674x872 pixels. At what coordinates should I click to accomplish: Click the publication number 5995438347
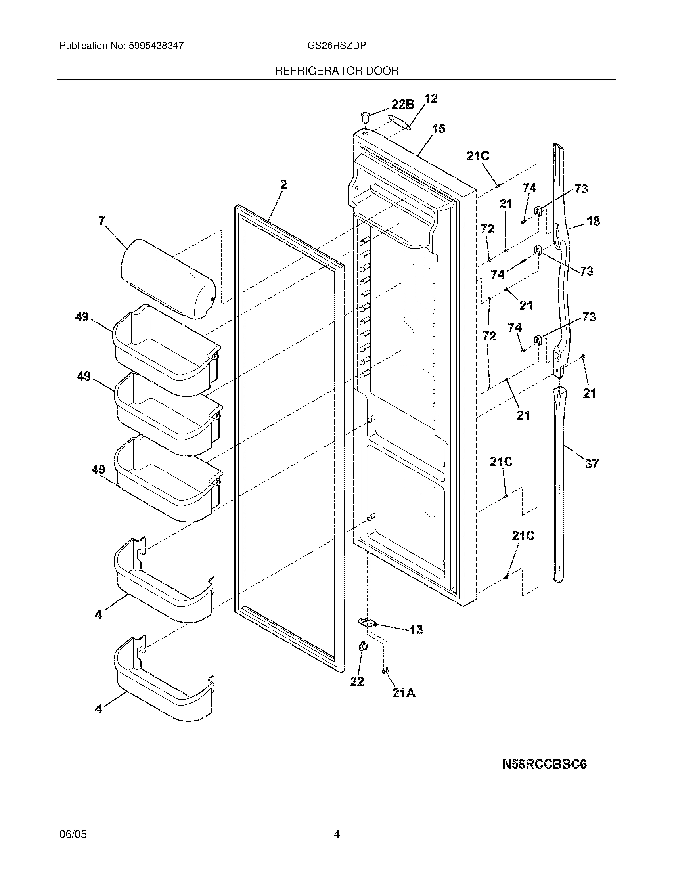pyautogui.click(x=156, y=46)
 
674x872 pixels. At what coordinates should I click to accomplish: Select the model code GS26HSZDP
pyautogui.click(x=337, y=46)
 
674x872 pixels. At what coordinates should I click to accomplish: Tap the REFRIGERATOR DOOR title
pyautogui.click(x=337, y=71)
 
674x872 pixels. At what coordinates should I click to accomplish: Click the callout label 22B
pyautogui.click(x=402, y=105)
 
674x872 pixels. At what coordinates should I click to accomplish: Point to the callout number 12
pyautogui.click(x=430, y=98)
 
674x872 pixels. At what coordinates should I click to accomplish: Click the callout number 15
pyautogui.click(x=438, y=129)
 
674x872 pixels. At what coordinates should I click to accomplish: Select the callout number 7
pyautogui.click(x=102, y=220)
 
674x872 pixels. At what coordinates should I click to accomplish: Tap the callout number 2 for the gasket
pyautogui.click(x=283, y=184)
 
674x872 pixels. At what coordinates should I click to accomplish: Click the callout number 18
pyautogui.click(x=594, y=221)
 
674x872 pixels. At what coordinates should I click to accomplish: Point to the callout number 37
pyautogui.click(x=592, y=464)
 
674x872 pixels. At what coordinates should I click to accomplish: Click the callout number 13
pyautogui.click(x=416, y=630)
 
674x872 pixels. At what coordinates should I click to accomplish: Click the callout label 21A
pyautogui.click(x=404, y=694)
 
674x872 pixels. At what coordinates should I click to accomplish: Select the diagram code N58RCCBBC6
pyautogui.click(x=544, y=764)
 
